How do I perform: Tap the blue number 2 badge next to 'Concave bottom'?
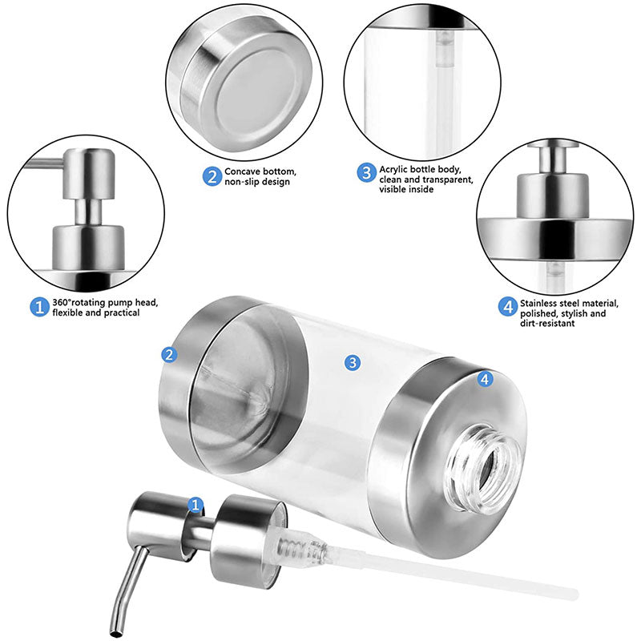211,176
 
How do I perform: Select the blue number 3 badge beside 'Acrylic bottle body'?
365,172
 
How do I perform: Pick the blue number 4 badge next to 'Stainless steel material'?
506,307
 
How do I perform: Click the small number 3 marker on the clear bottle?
352,362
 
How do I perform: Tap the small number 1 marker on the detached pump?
194,504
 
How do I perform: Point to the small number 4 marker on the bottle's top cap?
485,379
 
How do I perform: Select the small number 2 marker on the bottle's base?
169,354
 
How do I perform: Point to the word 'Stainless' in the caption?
541,303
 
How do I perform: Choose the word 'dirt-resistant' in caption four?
549,325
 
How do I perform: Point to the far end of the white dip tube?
570,594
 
